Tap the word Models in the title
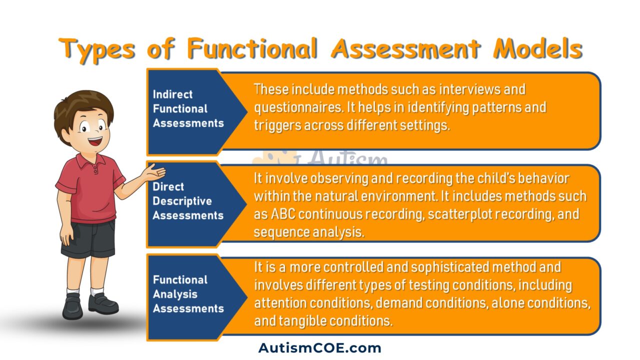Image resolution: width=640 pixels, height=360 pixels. (537, 49)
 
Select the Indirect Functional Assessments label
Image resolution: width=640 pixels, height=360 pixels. (188, 108)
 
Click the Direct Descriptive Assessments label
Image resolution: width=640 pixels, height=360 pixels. (188, 201)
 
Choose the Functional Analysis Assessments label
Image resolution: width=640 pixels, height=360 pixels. (188, 294)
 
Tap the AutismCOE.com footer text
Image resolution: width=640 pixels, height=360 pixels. (319, 348)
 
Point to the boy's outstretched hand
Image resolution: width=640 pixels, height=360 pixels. (155, 173)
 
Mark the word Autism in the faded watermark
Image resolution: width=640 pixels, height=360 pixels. (347, 159)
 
